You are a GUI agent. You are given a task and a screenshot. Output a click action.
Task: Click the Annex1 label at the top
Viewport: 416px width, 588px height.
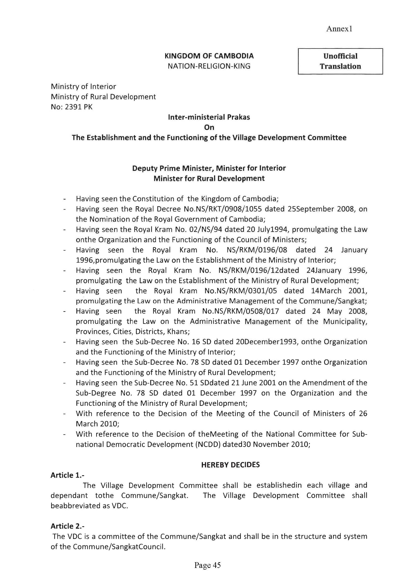point(339,29)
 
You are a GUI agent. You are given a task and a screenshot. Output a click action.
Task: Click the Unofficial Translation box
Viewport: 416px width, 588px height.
point(340,61)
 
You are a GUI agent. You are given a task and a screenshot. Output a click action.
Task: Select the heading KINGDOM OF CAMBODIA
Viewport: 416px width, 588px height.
point(209,56)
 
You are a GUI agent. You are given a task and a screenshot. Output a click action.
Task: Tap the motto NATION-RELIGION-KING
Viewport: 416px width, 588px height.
point(209,66)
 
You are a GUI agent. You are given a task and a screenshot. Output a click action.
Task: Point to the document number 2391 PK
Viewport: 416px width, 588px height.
point(79,107)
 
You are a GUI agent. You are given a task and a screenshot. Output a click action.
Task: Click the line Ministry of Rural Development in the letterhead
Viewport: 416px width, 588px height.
point(103,97)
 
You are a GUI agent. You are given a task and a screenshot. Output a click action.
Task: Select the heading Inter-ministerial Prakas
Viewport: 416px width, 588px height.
point(209,117)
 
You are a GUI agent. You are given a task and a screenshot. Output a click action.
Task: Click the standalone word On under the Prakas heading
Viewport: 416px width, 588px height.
point(209,127)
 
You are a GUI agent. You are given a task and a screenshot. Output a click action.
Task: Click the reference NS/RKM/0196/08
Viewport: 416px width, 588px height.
point(257,250)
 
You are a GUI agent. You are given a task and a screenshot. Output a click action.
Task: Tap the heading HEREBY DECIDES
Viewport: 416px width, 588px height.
point(230,465)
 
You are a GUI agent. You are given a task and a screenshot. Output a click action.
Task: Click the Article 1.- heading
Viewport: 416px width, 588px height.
point(67,475)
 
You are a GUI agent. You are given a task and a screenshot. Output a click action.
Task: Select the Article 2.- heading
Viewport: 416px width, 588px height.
point(67,526)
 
